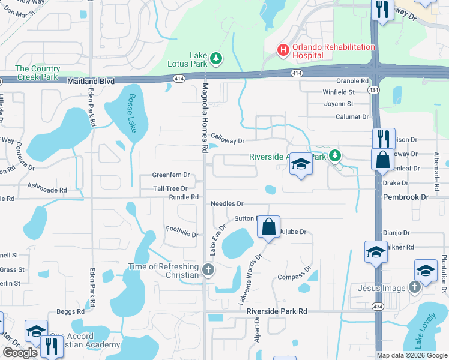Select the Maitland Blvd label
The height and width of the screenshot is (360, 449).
pos(91,80)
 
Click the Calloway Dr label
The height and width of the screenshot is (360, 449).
pos(228,141)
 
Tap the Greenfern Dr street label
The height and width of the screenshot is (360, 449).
pos(170,176)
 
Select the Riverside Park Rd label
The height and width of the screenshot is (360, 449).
pos(277,311)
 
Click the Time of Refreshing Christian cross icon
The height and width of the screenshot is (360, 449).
pos(208,269)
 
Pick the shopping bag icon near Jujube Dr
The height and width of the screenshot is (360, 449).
pos(269,227)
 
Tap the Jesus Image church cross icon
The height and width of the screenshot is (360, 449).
pos(414,288)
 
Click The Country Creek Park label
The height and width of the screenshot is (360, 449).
pos(37,73)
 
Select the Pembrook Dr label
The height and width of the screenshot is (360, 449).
pos(406,197)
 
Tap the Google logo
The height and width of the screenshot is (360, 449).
pos(20,353)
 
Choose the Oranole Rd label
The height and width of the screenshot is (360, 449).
pos(352,81)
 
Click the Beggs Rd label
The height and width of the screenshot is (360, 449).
pos(71,311)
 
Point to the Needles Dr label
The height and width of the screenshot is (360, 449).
pos(227,204)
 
